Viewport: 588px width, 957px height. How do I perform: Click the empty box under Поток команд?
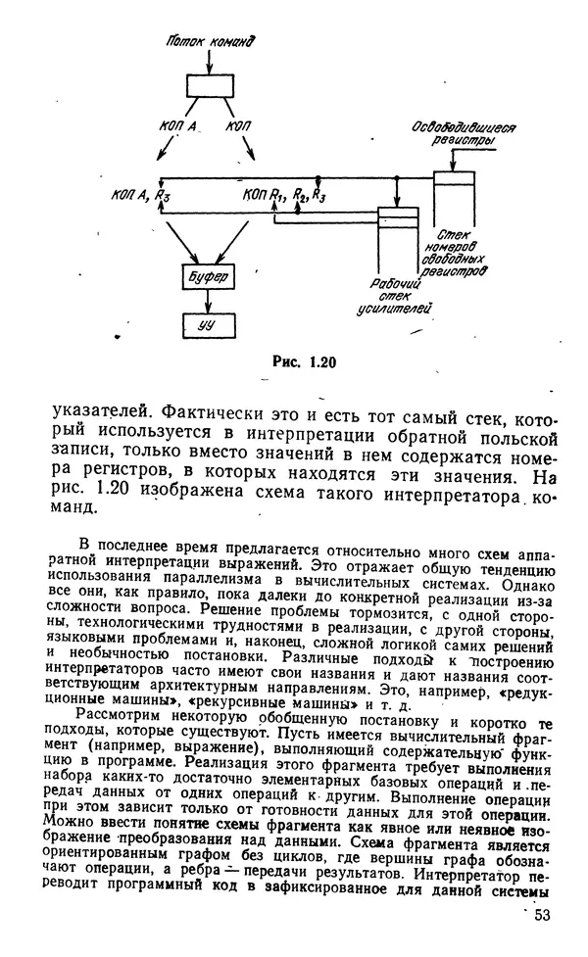210,84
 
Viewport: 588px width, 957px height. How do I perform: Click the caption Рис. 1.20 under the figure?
303,361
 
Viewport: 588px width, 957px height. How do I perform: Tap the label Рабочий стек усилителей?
397,298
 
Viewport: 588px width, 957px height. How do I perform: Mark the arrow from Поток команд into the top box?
208,61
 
